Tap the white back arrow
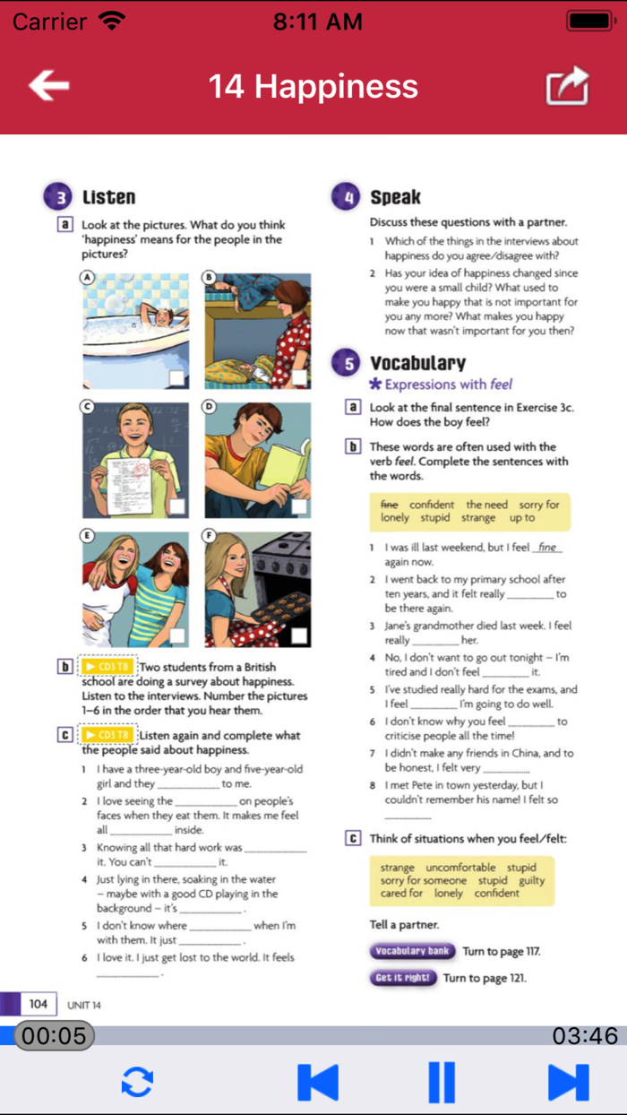(x=49, y=86)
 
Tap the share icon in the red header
(x=568, y=87)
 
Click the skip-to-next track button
(x=568, y=1082)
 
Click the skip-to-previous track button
(x=318, y=1082)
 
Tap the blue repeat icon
(x=137, y=1082)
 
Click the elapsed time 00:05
(x=54, y=1036)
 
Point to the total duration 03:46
(x=584, y=1036)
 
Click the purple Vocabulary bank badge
(x=412, y=951)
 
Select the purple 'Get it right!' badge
(x=403, y=977)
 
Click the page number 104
(x=38, y=1004)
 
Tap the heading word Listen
(x=108, y=197)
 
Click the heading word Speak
(x=395, y=197)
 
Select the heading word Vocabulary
(x=417, y=363)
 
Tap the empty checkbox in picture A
(x=177, y=378)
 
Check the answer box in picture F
(x=299, y=635)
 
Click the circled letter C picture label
(x=88, y=407)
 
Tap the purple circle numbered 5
(x=346, y=363)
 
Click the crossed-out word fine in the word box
(x=389, y=505)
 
